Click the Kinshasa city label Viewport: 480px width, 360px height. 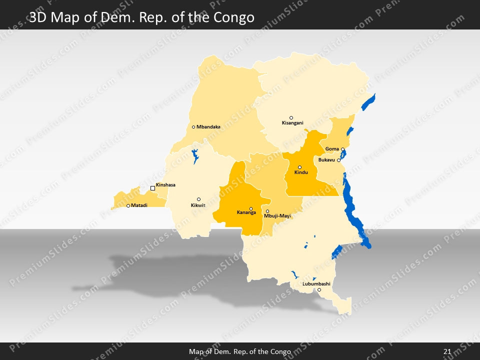[165, 185]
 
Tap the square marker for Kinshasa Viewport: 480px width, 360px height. [153, 188]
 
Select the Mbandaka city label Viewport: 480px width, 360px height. [208, 127]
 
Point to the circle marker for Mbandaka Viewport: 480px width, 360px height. [193, 127]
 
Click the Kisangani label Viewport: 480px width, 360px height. [292, 123]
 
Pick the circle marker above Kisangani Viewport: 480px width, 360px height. [291, 118]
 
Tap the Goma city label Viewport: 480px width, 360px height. [332, 149]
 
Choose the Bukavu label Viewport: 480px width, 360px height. [326, 160]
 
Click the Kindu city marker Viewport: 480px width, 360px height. [300, 167]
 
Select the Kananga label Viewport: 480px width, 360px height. [246, 212]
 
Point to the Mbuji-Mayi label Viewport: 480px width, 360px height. [277, 216]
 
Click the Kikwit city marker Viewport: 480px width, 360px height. [198, 199]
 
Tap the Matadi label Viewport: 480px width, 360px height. [139, 205]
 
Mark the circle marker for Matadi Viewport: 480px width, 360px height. [128, 205]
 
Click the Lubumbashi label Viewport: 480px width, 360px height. [316, 284]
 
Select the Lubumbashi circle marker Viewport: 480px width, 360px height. [319, 289]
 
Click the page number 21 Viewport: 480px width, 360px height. [447, 351]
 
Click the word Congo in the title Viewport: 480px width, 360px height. [233, 18]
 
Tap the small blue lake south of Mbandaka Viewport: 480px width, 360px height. [194, 155]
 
